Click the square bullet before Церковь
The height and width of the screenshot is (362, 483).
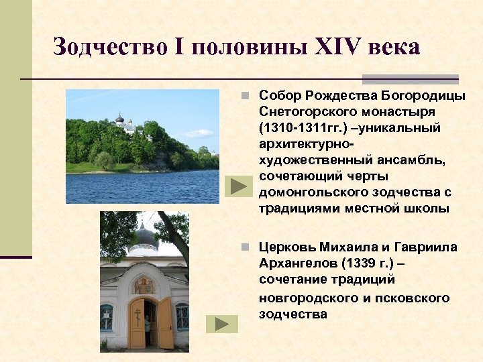click(x=248, y=247)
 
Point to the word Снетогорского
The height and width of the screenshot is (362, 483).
click(x=306, y=111)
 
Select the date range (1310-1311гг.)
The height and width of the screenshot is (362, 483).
click(x=299, y=127)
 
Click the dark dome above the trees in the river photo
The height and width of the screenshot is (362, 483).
click(x=120, y=119)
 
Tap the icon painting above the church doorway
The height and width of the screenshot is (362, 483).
click(x=143, y=285)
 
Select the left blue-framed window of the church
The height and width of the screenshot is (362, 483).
click(x=107, y=316)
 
